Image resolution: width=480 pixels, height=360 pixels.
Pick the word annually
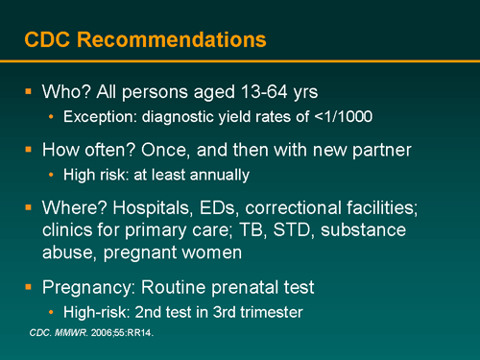(x=217, y=175)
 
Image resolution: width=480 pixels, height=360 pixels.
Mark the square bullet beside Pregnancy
(x=28, y=287)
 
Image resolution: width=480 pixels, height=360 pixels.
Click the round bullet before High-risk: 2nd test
(x=51, y=312)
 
